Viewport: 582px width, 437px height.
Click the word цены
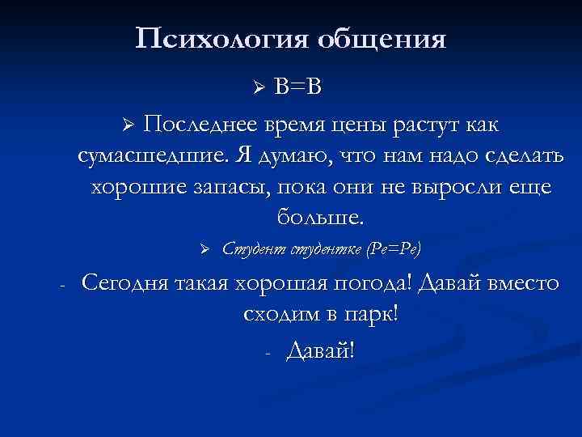368,125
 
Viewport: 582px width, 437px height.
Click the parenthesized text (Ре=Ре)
394,248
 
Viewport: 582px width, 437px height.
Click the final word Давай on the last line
320,351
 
